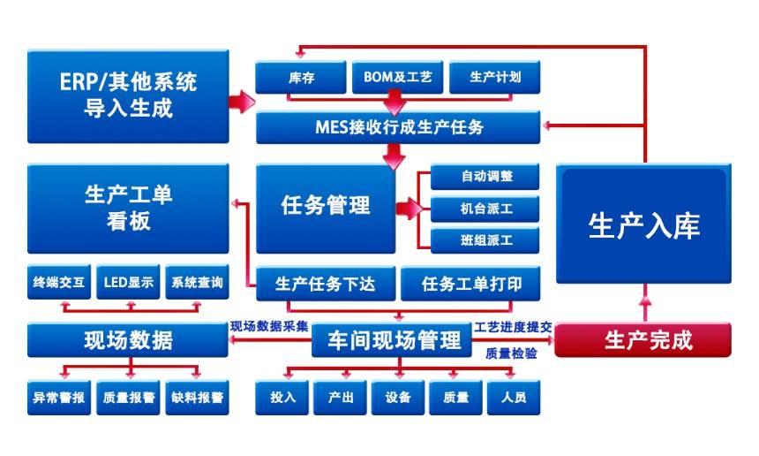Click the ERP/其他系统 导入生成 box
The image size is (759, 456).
click(128, 95)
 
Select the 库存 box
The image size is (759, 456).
click(299, 78)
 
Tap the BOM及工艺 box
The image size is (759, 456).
click(397, 78)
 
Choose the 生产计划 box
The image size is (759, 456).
click(494, 78)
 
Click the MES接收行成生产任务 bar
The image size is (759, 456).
click(399, 127)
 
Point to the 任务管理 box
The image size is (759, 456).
click(325, 208)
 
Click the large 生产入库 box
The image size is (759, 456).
click(643, 225)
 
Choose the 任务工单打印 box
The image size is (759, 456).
click(470, 285)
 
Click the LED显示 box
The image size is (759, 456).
click(128, 284)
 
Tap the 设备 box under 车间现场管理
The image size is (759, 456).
click(397, 398)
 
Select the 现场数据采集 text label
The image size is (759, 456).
click(269, 326)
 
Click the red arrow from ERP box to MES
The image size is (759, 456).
click(241, 102)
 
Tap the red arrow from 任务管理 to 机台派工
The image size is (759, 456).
click(409, 209)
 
